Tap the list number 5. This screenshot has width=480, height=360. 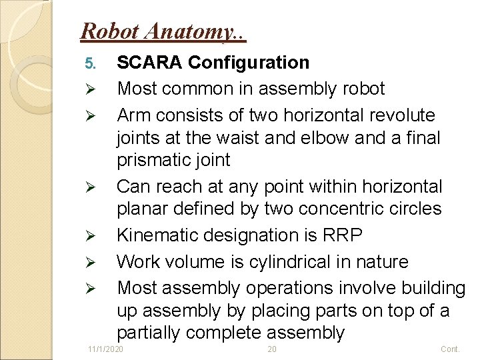pyautogui.click(x=92, y=63)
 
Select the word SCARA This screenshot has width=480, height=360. pyautogui.click(x=150, y=63)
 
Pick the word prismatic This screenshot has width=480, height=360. pyautogui.click(x=155, y=161)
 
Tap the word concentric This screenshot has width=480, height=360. pyautogui.click(x=333, y=209)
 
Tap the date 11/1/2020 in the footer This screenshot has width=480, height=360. pyautogui.click(x=106, y=350)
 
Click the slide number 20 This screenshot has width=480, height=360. pyautogui.click(x=271, y=350)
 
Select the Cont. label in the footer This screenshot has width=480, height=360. pyautogui.click(x=451, y=350)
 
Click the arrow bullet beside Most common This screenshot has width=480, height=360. pyautogui.click(x=92, y=89)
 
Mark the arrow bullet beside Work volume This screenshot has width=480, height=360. pyautogui.click(x=92, y=262)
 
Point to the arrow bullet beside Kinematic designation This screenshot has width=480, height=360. pyautogui.click(x=92, y=235)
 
